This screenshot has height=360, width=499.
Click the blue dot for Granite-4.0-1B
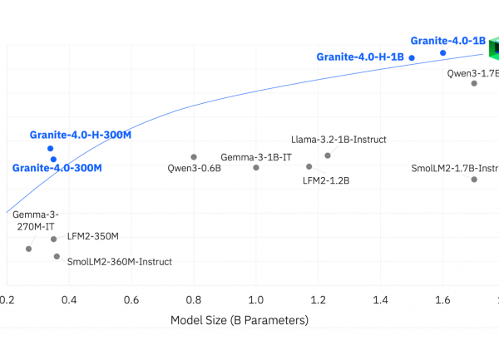[x=443, y=53]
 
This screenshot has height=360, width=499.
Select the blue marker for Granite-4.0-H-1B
[x=412, y=58]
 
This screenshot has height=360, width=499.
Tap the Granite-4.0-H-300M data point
[x=50, y=149]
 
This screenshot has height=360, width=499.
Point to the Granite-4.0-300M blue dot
[x=53, y=159]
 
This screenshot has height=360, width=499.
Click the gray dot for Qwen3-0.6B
[x=194, y=156]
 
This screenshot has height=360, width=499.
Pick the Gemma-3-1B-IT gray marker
[x=256, y=167]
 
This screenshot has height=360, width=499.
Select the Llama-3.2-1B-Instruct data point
[x=328, y=155]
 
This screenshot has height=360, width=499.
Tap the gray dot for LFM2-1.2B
[x=309, y=166]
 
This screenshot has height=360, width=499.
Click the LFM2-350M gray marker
[x=54, y=239]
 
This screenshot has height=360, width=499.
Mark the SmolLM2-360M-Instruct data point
[x=57, y=256]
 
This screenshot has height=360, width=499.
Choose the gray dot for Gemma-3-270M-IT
[x=28, y=249]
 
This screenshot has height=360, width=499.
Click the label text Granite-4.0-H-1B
[x=359, y=57]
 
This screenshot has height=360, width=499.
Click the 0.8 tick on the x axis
[x=194, y=299]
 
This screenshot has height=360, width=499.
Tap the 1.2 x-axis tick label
[x=319, y=299]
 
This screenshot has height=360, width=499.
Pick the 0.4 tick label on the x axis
[x=69, y=299]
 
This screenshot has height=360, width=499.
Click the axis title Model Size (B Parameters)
[x=240, y=320]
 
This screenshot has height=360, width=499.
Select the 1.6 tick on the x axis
[x=443, y=299]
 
